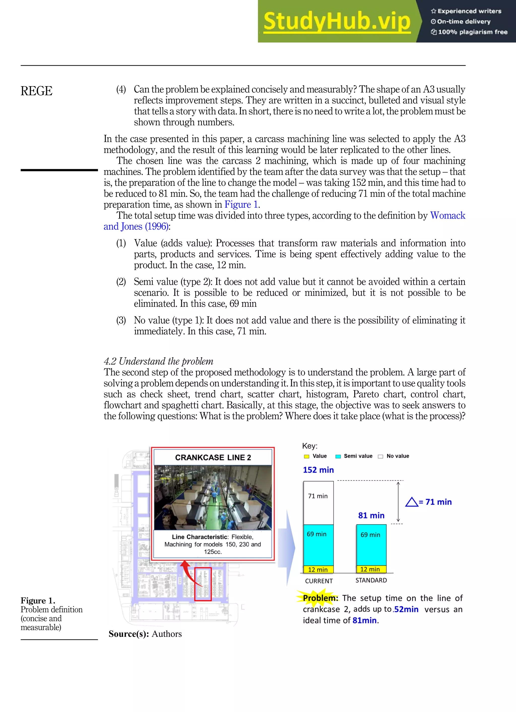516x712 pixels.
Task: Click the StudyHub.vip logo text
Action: [x=337, y=21]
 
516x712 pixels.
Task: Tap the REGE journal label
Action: [x=37, y=91]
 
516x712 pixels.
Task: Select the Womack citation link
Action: [x=447, y=216]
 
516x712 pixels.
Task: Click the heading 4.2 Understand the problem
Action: [x=158, y=361]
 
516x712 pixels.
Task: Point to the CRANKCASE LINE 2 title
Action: [x=213, y=457]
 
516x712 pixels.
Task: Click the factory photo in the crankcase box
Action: [x=213, y=498]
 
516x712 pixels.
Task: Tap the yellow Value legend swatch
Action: [x=307, y=456]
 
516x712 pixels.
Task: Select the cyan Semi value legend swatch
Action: [x=338, y=456]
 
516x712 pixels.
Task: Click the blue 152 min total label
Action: [x=318, y=470]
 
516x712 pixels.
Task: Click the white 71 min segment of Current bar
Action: [x=318, y=502]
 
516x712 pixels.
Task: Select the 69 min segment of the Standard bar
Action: [x=371, y=545]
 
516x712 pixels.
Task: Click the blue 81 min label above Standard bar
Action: [x=371, y=515]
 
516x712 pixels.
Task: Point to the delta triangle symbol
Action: [x=411, y=502]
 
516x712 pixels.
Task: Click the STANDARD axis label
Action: [x=371, y=580]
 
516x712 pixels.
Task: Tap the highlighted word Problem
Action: [x=320, y=598]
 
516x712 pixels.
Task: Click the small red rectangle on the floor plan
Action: [x=203, y=584]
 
